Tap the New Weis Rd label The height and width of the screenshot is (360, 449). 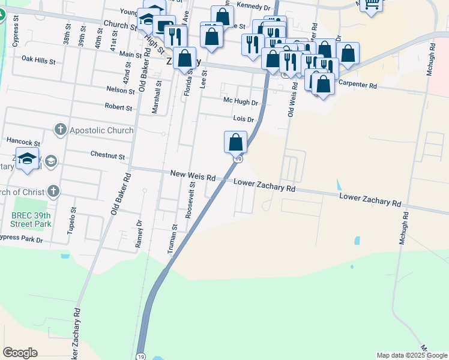pos(193,176)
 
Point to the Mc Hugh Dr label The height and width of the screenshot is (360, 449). pos(240,103)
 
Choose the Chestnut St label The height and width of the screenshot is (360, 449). pos(107,155)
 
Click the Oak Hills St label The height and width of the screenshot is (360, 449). pos(38,61)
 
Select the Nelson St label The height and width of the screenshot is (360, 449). pos(120,91)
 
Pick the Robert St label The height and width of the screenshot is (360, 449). pos(118,107)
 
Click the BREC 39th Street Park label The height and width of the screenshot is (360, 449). pos(31,220)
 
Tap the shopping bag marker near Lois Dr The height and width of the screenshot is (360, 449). pos(236,143)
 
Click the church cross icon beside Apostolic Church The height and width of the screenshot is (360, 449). pos(60,130)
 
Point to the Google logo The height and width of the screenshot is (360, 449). pos(20,353)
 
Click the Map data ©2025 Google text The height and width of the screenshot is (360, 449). pos(411,355)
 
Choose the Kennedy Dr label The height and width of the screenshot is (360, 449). pos(254,7)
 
